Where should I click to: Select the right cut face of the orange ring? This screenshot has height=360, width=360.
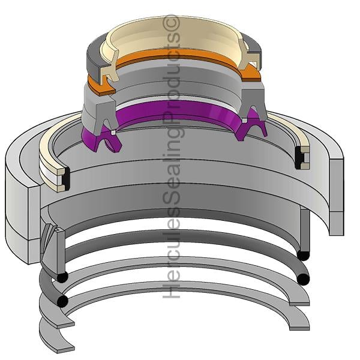pos(251,73)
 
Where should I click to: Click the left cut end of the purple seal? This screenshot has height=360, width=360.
pos(107,140)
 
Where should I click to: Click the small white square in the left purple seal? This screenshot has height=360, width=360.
pos(112,133)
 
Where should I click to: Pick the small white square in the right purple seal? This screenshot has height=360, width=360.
pos(245,121)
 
